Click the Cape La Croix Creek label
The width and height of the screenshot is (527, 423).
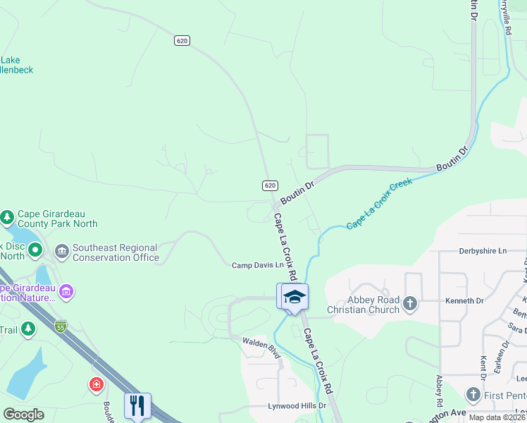pyautogui.click(x=379, y=204)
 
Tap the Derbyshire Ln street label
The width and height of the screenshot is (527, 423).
pyautogui.click(x=483, y=250)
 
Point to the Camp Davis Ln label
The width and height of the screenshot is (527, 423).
pyautogui.click(x=258, y=265)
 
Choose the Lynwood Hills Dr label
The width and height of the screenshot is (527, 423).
pyautogui.click(x=297, y=406)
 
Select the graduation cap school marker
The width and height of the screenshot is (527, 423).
pyautogui.click(x=294, y=298)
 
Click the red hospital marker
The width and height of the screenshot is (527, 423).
pyautogui.click(x=96, y=385)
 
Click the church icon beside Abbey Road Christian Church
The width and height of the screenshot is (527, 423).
pyautogui.click(x=410, y=304)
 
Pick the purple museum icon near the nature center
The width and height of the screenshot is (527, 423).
pyautogui.click(x=66, y=290)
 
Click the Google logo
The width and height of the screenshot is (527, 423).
pyautogui.click(x=23, y=415)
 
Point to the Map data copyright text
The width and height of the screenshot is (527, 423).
pyautogui.click(x=497, y=417)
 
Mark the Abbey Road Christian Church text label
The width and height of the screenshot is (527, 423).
pyautogui.click(x=364, y=305)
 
